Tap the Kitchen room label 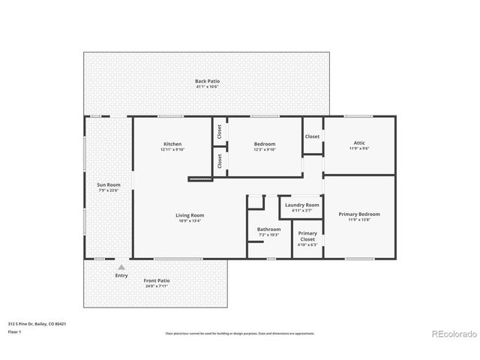coord(172,144)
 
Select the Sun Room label coord(109,184)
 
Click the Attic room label coord(359,142)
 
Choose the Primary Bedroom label coord(358,214)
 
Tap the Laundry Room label coord(301,205)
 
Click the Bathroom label coord(268,229)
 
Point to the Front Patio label coord(157,280)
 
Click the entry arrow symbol coord(121,266)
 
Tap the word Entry coord(121,275)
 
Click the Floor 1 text coord(15,331)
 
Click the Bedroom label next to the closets coord(265,144)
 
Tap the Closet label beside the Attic coord(312,136)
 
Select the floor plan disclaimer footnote coord(239,332)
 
